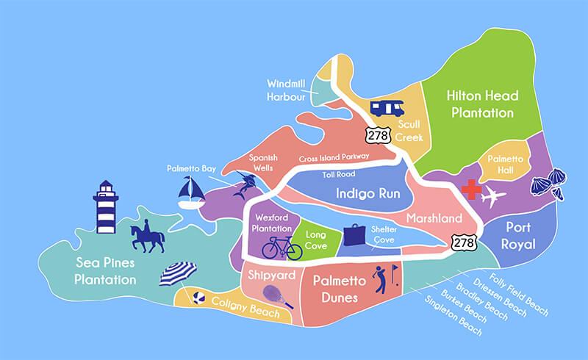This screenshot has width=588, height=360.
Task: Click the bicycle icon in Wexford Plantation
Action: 282,247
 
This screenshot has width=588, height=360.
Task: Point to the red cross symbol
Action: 471,192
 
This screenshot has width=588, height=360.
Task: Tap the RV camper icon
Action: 387,108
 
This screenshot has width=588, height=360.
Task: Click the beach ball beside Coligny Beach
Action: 198,298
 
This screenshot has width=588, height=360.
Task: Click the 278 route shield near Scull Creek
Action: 375,133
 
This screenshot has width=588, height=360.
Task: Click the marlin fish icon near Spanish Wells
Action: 242,187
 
